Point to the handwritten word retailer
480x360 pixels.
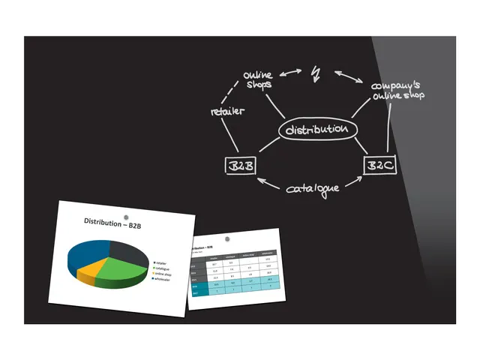(228, 112)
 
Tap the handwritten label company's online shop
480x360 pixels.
(397, 91)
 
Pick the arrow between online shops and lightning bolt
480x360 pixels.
(292, 73)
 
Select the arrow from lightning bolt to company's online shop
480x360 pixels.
(346, 76)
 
